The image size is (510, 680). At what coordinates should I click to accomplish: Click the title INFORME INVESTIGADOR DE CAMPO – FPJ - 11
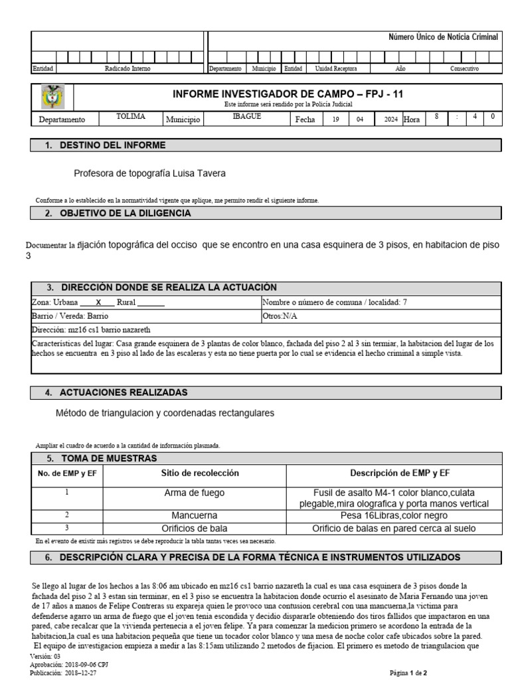point(288,94)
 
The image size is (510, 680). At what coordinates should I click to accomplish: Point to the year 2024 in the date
point(390,120)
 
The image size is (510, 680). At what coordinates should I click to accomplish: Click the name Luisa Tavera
point(207,173)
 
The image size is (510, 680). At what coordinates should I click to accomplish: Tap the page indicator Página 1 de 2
point(412,672)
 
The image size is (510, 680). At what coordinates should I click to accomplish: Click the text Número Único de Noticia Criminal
point(442,37)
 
